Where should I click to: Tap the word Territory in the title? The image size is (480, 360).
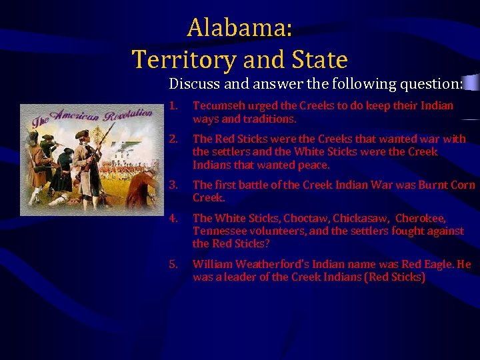click(x=183, y=60)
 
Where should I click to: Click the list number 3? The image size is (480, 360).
click(x=173, y=185)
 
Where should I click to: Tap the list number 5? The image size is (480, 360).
click(x=173, y=264)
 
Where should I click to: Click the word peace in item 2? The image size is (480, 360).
click(x=312, y=165)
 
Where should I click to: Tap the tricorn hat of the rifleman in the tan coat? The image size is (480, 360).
click(x=81, y=134)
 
